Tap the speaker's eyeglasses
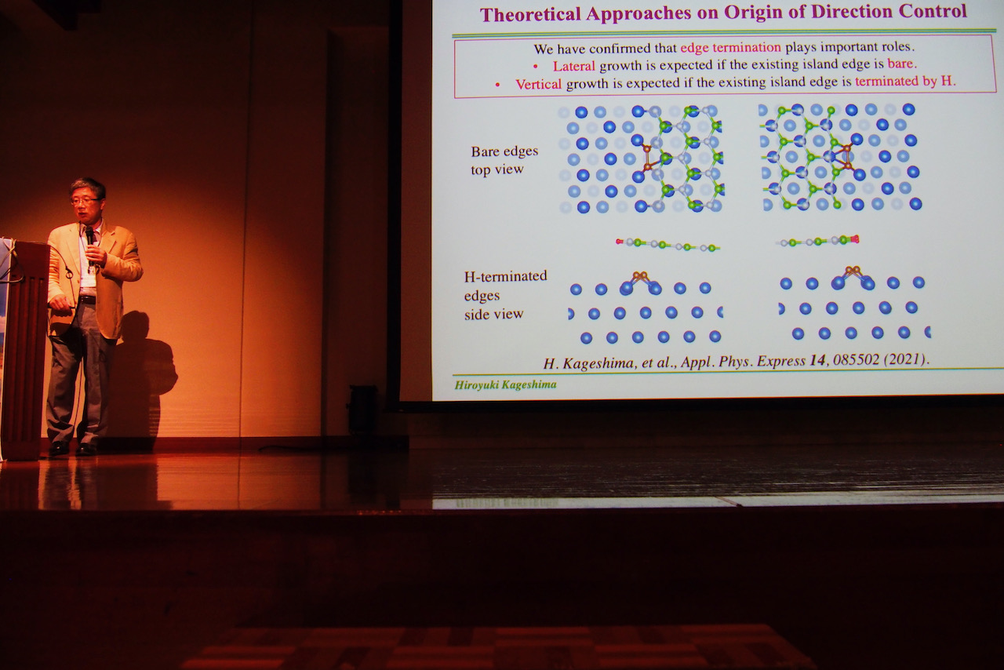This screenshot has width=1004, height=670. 84,201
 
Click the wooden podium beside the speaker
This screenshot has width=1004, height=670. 24,350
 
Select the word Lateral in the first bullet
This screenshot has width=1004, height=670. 573,67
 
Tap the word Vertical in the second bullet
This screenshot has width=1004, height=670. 538,84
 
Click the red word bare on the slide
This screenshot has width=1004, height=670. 901,64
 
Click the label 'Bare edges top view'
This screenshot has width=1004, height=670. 504,160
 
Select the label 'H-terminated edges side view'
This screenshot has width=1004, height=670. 505,295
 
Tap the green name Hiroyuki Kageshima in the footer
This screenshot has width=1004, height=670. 505,384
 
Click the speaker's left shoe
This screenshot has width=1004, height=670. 85,449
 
